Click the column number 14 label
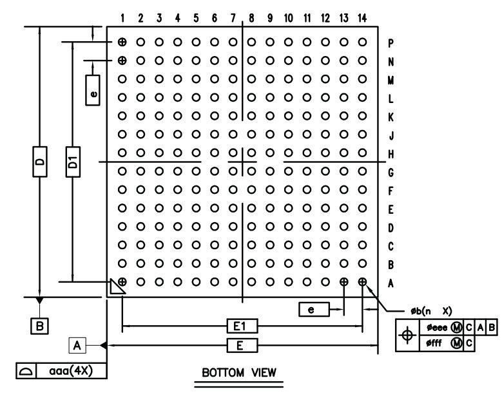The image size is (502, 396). pyautogui.click(x=362, y=18)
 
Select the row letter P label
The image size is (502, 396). pyautogui.click(x=391, y=43)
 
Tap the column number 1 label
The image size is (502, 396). pyautogui.click(x=122, y=18)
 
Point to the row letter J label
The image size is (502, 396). pyautogui.click(x=391, y=136)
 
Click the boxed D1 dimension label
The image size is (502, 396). pyautogui.click(x=73, y=162)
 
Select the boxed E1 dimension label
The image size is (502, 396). pyautogui.click(x=242, y=326)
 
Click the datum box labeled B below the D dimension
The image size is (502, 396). pyautogui.click(x=39, y=326)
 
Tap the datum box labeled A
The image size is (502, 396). pyautogui.click(x=77, y=346)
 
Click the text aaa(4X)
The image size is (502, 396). pyautogui.click(x=71, y=371)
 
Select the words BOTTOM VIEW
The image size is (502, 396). pyautogui.click(x=239, y=373)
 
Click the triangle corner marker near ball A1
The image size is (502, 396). pyautogui.click(x=116, y=287)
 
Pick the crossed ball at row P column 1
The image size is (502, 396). pyautogui.click(x=122, y=42)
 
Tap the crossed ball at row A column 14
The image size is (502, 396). pyautogui.click(x=362, y=282)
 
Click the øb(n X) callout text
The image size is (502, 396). pyautogui.click(x=431, y=311)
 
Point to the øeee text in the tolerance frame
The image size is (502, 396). pyautogui.click(x=437, y=328)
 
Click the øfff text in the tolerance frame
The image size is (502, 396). pyautogui.click(x=434, y=343)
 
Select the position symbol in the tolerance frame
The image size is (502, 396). pyautogui.click(x=407, y=335)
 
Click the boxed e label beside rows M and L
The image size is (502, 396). pyautogui.click(x=93, y=90)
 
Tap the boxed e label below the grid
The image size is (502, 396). pyautogui.click(x=314, y=309)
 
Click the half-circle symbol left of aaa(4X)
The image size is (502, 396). pyautogui.click(x=26, y=372)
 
